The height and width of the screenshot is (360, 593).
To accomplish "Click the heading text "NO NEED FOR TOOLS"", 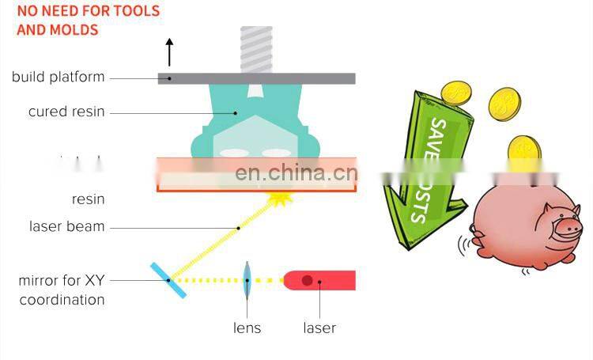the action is (88, 11).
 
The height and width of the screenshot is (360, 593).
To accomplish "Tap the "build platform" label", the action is (58, 78).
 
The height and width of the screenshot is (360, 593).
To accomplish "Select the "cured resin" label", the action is (66, 112).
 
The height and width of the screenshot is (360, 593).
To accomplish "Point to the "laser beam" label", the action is (66, 226).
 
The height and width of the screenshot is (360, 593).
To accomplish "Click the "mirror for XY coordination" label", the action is (62, 290).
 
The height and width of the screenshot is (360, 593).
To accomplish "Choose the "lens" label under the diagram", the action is (247, 328).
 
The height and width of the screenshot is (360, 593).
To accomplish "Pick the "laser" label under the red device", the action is (319, 328).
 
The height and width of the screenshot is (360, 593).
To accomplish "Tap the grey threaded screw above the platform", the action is (256, 48).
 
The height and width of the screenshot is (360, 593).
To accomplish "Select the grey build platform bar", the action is (256, 78).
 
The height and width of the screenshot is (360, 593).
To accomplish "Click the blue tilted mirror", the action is (169, 280).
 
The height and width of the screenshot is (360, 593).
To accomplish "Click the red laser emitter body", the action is (320, 280).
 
